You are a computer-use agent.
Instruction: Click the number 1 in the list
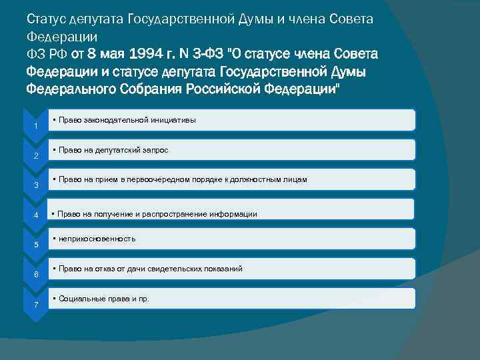click(x=35, y=125)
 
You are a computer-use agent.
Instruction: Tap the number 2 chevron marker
click(x=35, y=156)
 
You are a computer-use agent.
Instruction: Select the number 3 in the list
click(x=35, y=185)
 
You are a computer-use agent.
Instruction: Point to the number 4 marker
click(x=35, y=215)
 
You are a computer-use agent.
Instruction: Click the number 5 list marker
click(x=35, y=245)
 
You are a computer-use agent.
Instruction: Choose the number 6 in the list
click(x=35, y=275)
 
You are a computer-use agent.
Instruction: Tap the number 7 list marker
click(x=35, y=305)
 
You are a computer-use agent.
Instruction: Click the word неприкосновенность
click(x=97, y=238)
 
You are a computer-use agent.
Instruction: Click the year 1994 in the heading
click(x=150, y=53)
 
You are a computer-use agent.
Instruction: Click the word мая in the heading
click(x=111, y=53)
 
